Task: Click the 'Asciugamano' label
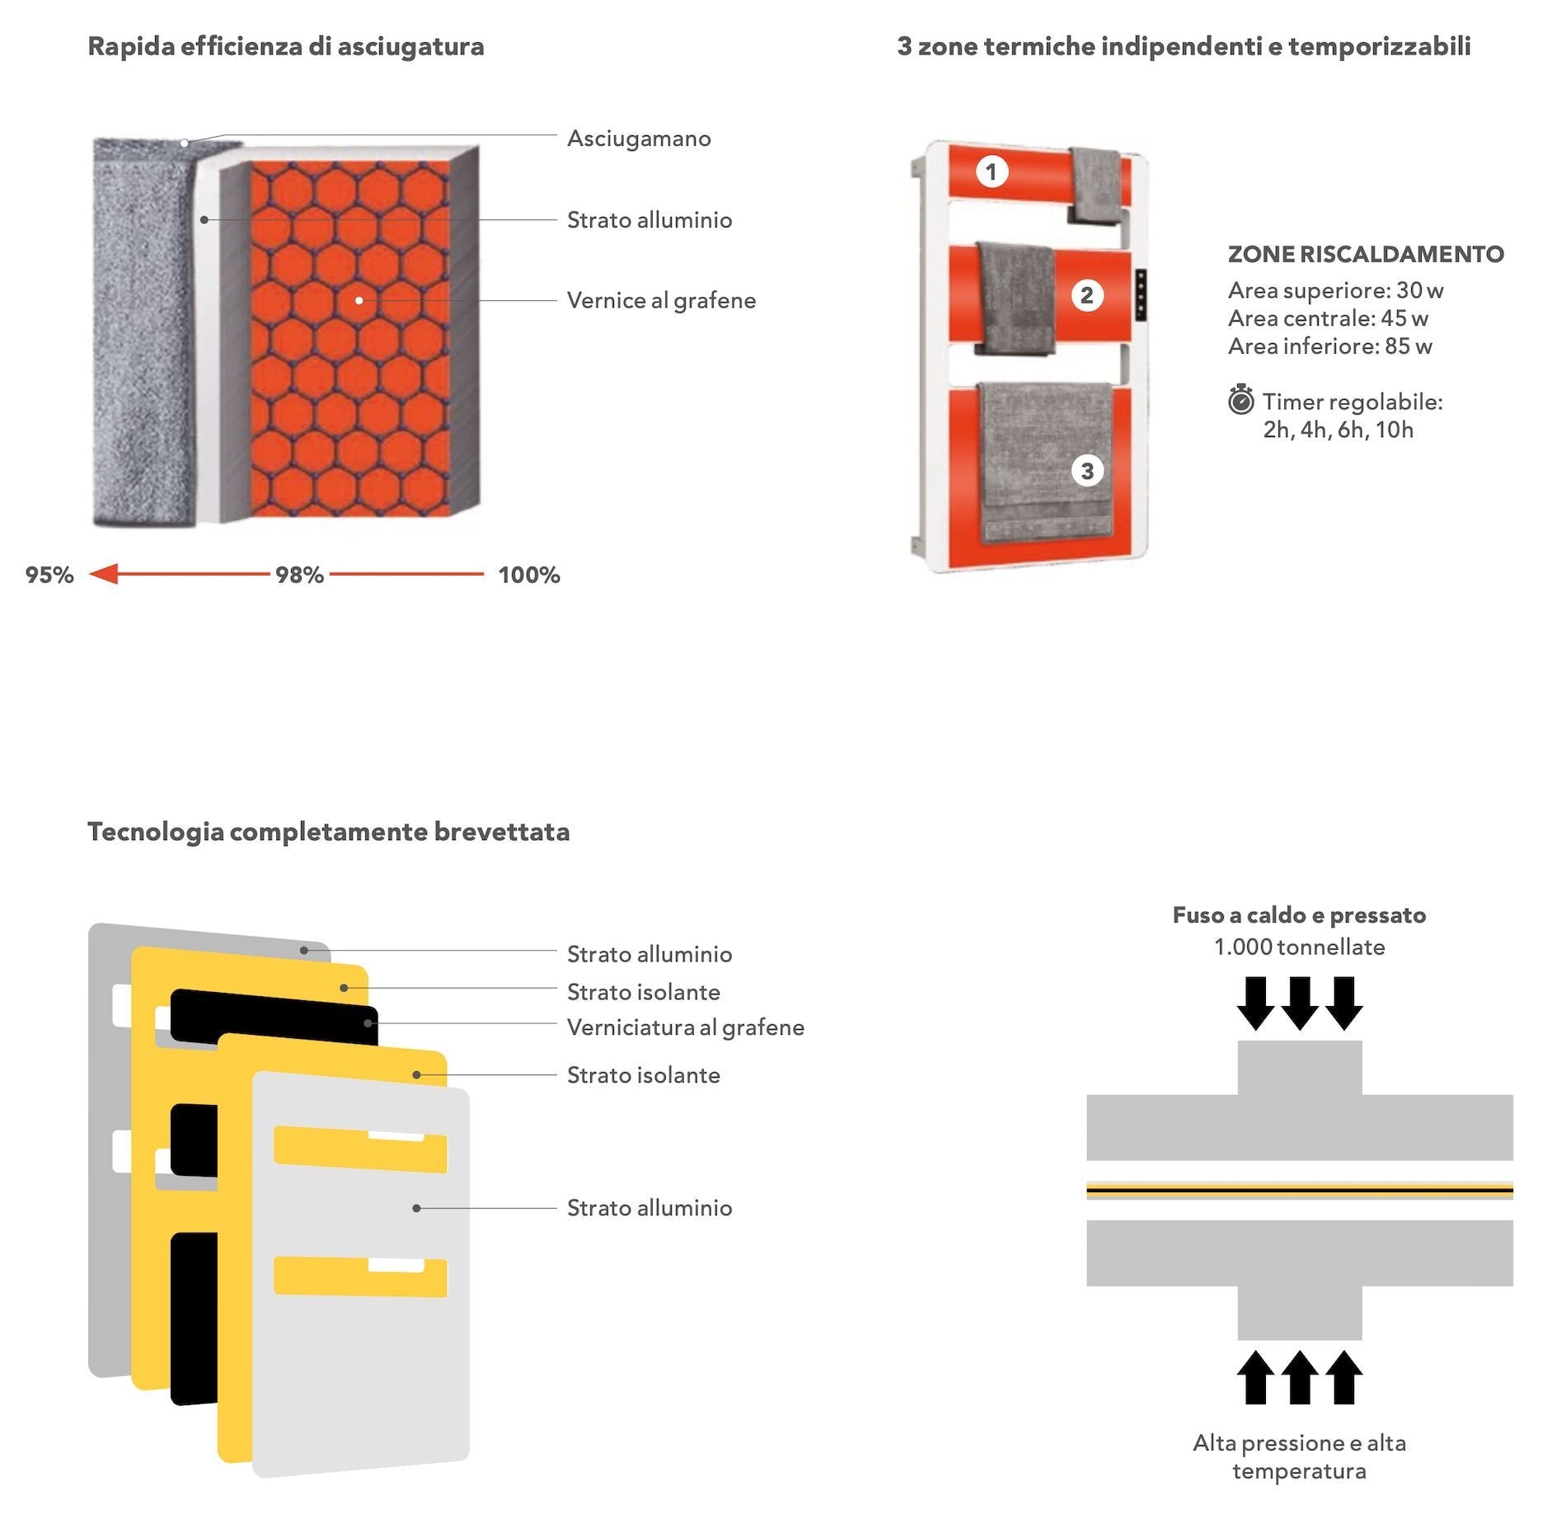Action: coord(639,139)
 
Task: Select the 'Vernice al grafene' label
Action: coord(661,300)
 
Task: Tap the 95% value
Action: coord(49,575)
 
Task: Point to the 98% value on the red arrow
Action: coord(299,575)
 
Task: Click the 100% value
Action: coord(528,575)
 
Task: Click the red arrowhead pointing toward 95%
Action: coord(104,574)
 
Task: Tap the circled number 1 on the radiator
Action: coord(992,172)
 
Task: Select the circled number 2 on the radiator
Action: coord(1086,295)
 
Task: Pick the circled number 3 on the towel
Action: coord(1087,471)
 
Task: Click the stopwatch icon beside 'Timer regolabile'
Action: coord(1240,401)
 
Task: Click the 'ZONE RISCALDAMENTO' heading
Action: coord(1366,254)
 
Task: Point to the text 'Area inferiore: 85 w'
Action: coord(1329,346)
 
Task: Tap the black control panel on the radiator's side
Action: coord(1141,294)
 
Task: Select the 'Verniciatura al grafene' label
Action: coord(685,1027)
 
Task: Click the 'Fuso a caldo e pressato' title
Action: coord(1299,915)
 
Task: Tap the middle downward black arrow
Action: coord(1300,1003)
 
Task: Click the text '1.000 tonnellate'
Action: coord(1299,947)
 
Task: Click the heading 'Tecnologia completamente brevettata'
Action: coord(328,831)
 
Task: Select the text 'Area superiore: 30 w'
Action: coord(1335,290)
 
